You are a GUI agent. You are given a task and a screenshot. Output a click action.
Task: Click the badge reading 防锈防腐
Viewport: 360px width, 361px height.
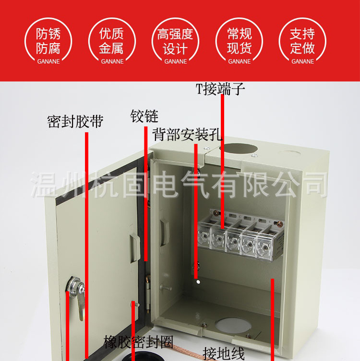pos(48,42)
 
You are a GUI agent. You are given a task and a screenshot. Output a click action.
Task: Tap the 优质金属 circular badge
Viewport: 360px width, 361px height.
pos(112,42)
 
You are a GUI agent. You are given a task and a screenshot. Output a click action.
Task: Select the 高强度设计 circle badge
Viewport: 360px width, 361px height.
pos(176,42)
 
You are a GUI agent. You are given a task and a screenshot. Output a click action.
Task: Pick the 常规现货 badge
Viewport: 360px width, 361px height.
pos(240,42)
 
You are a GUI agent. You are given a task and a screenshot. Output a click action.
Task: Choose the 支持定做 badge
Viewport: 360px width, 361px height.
pos(303,42)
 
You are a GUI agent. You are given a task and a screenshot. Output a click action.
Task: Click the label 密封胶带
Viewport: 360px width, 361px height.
pos(75,121)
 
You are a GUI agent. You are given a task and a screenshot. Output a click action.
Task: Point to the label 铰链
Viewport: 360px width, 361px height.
pos(144,116)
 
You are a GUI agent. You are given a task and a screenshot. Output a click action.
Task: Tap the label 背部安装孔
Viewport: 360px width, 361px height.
pos(187,134)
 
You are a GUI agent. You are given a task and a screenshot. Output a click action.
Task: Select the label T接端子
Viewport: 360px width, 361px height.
pos(220,89)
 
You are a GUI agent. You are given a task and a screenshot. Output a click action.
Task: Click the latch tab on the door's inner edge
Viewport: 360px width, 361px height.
pos(164,230)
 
